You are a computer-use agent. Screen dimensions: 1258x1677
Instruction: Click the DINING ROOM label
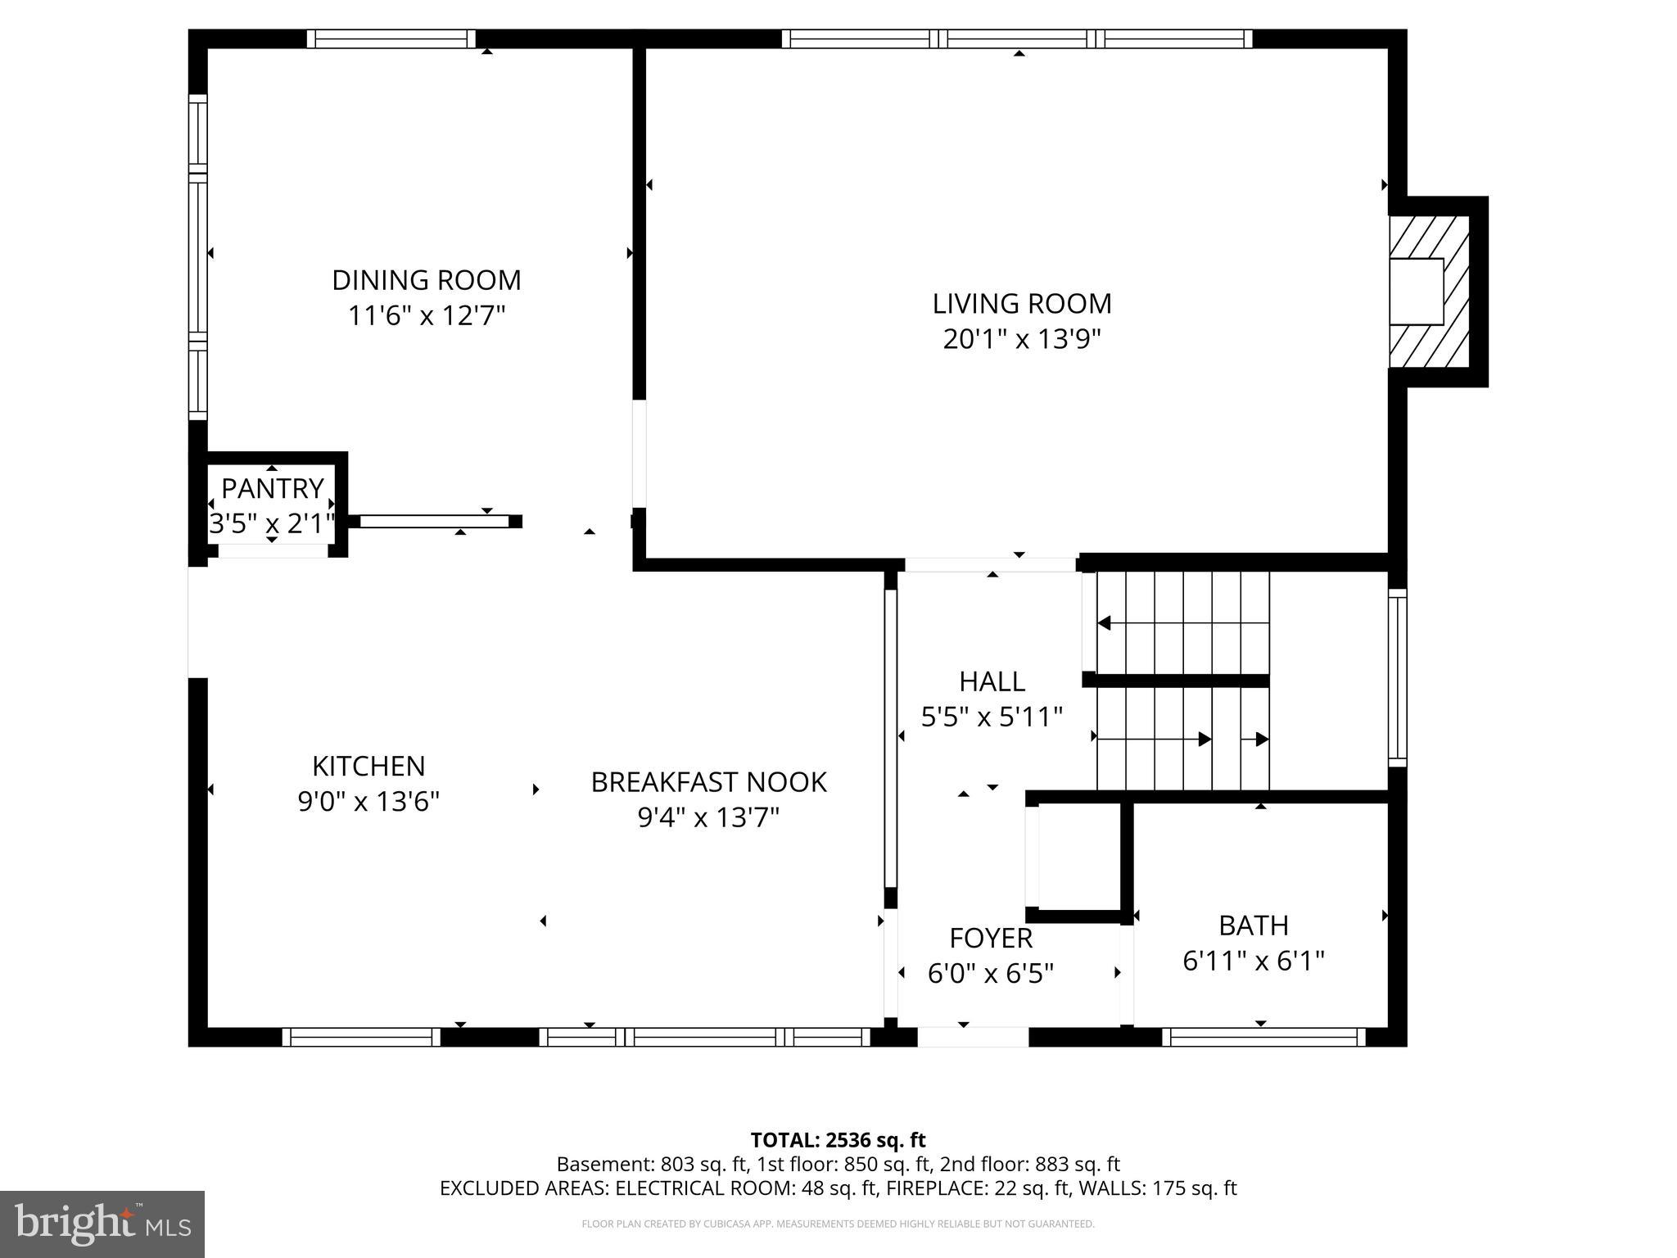[x=426, y=281]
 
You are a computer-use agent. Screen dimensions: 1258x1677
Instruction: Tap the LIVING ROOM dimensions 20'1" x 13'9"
[x=1021, y=339]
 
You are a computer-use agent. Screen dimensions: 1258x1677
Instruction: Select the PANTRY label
[x=272, y=489]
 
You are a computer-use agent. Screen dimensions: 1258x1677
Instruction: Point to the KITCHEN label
[x=368, y=767]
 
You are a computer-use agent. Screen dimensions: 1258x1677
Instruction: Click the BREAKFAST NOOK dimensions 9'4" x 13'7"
[x=707, y=817]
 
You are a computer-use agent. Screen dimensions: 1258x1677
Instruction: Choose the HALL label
[x=992, y=681]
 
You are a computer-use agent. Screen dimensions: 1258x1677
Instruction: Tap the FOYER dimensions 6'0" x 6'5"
[x=990, y=974]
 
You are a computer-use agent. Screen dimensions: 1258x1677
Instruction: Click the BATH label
[x=1253, y=925]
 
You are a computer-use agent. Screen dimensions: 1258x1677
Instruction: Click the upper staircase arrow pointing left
[x=1105, y=623]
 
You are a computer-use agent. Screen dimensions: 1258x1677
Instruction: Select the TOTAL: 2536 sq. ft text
[x=838, y=1140]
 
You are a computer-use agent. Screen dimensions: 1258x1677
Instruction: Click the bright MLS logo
[x=102, y=1224]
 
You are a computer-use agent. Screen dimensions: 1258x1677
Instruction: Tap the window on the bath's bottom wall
[x=1263, y=1038]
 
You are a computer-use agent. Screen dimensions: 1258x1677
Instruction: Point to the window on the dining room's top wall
[x=391, y=38]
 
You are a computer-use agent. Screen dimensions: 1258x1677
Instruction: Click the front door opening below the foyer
[x=972, y=1038]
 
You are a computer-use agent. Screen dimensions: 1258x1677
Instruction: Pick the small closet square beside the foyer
[x=1078, y=856]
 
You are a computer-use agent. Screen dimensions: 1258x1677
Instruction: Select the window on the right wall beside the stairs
[x=1397, y=677]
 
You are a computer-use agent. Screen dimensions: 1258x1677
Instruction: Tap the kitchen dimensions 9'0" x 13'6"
[x=368, y=802]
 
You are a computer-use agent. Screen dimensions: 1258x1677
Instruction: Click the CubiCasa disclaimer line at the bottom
[x=838, y=1224]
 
